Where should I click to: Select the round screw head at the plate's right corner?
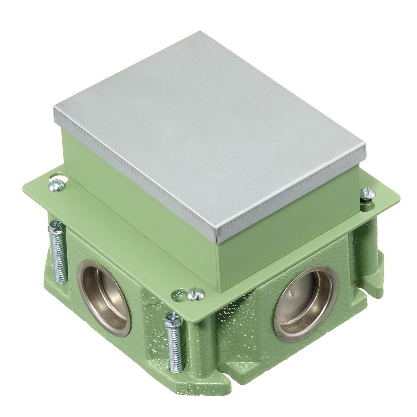pos(367,194)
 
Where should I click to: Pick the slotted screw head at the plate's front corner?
pos(193,295)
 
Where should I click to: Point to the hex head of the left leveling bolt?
pos(55,226)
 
